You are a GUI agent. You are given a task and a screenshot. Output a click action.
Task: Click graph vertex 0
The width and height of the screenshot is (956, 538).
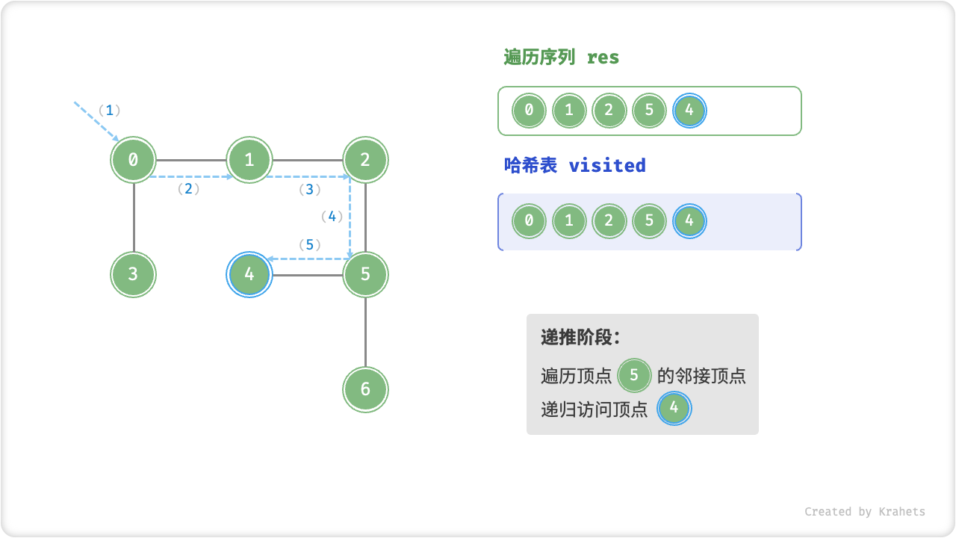pos(133,159)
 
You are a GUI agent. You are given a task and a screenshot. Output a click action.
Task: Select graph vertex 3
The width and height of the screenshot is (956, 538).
pos(133,274)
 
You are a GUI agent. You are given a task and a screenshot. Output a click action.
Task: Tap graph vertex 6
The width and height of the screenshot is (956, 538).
pos(365,389)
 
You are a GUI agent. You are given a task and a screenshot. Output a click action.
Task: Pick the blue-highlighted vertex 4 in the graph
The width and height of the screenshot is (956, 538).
pos(249,274)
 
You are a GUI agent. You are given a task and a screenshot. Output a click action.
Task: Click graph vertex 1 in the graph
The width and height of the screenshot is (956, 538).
pos(249,159)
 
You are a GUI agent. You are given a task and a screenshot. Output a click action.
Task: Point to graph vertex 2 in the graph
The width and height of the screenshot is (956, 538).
pos(365,159)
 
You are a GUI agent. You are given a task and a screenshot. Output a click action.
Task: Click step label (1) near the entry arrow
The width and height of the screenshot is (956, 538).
pos(109,111)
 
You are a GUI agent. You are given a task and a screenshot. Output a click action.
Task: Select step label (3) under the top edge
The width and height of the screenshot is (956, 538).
pos(309,190)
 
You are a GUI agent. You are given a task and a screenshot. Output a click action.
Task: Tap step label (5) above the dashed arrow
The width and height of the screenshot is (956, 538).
pos(309,244)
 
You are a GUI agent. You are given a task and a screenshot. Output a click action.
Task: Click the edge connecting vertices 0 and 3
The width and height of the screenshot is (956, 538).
pos(134,217)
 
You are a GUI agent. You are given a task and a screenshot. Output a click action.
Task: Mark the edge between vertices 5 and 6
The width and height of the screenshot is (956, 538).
pos(365,332)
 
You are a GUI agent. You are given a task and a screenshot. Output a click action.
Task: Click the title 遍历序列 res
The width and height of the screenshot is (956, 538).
pos(561,58)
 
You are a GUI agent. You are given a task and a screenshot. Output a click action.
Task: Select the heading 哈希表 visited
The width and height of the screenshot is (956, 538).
pos(574,165)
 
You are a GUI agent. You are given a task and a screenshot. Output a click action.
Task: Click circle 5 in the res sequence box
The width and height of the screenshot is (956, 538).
pos(649,111)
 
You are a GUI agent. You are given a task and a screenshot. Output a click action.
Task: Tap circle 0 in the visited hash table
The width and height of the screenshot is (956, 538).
pos(529,221)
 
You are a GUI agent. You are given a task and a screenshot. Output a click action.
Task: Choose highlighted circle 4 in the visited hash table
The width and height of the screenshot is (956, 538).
pos(689,221)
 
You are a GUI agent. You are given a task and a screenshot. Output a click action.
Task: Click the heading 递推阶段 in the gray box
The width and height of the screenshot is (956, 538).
pos(580,338)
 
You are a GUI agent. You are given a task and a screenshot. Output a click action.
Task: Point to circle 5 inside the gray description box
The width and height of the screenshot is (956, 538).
pos(634,374)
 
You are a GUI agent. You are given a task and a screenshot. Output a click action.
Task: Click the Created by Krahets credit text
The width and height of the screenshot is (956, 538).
pos(864,512)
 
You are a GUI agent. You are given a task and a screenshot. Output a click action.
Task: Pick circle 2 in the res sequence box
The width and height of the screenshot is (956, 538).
pos(609,111)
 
